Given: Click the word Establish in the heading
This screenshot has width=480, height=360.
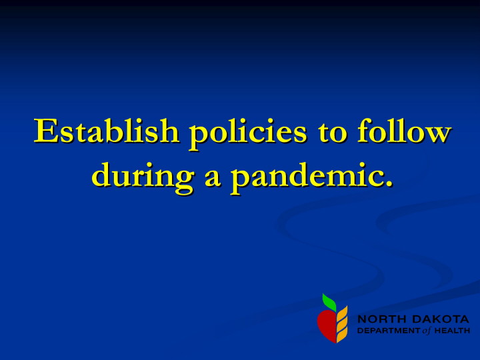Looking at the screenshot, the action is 106,131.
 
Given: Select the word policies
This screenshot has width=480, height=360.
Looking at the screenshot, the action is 247,134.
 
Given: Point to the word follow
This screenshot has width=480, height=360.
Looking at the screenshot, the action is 404,131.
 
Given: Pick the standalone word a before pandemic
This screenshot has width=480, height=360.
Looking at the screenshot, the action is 213,179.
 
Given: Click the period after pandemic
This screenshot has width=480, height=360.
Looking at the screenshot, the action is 389,183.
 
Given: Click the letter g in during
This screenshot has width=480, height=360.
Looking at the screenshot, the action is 183,183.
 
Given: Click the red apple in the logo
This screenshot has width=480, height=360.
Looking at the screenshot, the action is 327,326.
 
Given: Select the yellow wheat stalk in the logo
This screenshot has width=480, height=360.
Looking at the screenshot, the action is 342,324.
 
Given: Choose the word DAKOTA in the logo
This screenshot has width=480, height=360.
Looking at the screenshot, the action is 440,319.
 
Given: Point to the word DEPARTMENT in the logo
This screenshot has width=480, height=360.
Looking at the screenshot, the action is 389,331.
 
